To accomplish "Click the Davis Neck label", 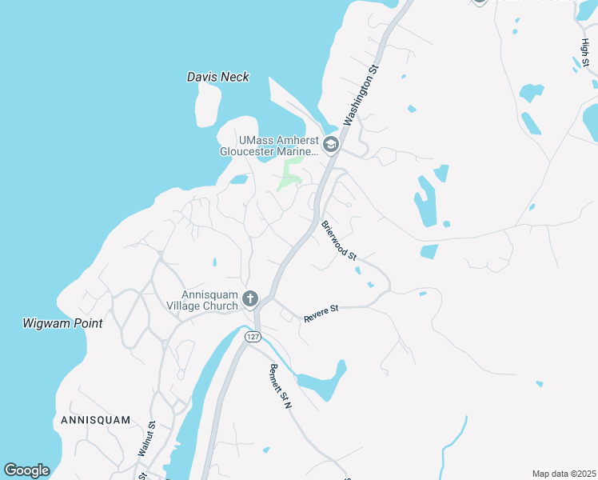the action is [217, 78].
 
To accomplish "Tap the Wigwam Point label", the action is [62, 324].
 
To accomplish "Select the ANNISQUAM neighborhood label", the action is [95, 419].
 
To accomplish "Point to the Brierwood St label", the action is [338, 239].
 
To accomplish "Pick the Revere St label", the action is [321, 313].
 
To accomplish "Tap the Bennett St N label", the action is [281, 386].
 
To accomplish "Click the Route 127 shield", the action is [253, 337].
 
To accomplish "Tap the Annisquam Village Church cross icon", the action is [250, 299].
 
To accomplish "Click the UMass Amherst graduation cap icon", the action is [330, 145].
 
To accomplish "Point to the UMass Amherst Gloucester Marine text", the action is [269, 145].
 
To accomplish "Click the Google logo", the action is [26, 470].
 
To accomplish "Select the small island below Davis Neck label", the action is [208, 105].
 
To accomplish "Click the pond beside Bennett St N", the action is [325, 382].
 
